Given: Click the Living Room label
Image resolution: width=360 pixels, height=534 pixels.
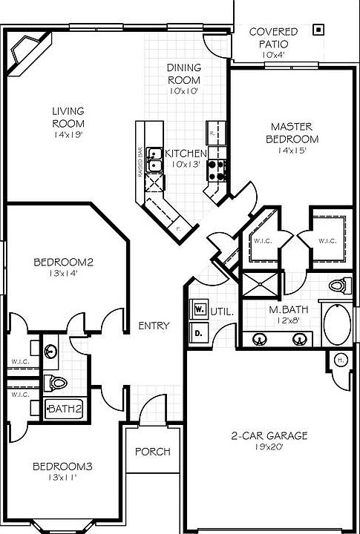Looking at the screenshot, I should [68, 117].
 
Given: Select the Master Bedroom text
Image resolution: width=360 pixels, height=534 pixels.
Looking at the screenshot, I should [294, 133].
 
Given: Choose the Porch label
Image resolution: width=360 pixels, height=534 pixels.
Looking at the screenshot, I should [153, 452].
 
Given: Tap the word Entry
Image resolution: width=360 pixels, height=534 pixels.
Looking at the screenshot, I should [154, 326].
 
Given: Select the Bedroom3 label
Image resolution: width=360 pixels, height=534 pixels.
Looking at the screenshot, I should [62, 467].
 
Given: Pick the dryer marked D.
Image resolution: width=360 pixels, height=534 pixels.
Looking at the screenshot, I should [199, 334].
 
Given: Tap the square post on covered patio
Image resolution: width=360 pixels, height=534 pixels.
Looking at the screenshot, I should [318, 30].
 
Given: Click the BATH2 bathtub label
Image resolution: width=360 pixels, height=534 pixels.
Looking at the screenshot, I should [65, 408].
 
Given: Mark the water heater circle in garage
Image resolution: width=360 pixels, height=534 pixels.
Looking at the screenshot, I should [341, 360].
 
